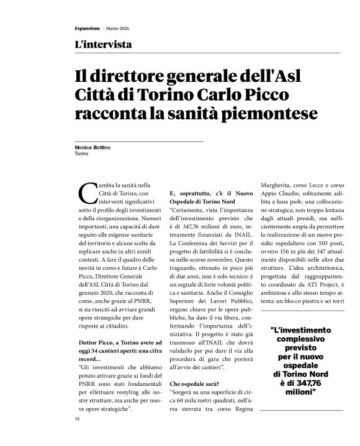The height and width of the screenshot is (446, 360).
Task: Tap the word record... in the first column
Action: click(x=88, y=360)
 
